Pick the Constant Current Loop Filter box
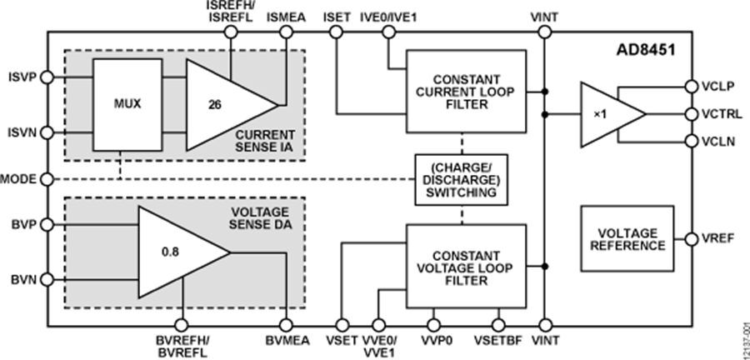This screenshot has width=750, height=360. point(466,90)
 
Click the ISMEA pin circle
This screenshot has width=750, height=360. point(287,32)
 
